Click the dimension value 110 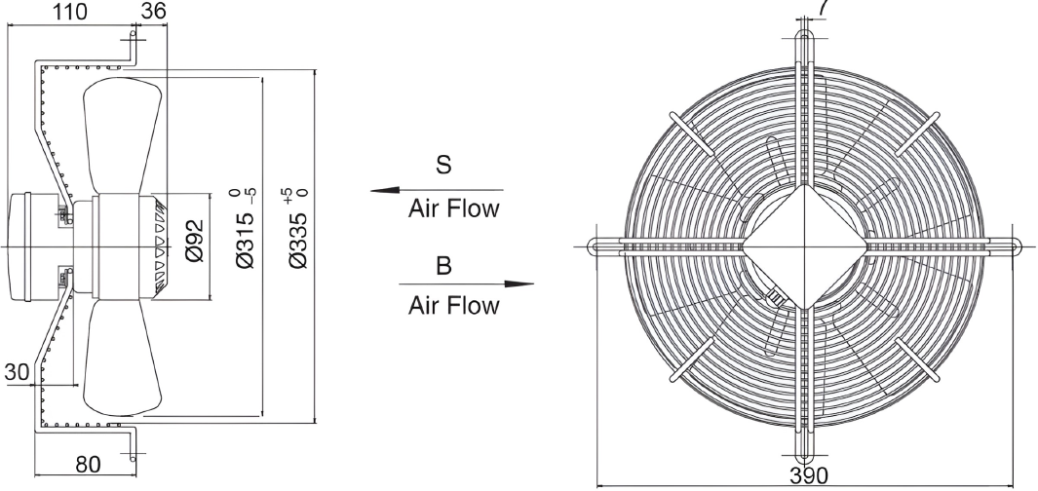pos(69,11)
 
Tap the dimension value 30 pos(18,372)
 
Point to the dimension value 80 pos(88,465)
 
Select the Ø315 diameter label pos(246,229)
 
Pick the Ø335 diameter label pos(298,229)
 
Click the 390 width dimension pos(808,475)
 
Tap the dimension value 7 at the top pos(823,7)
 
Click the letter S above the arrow pos(443,164)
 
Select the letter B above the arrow pos(443,265)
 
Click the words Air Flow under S pos(453,208)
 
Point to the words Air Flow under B pos(453,305)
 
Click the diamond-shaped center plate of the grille pos(804,246)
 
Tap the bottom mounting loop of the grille pos(804,449)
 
